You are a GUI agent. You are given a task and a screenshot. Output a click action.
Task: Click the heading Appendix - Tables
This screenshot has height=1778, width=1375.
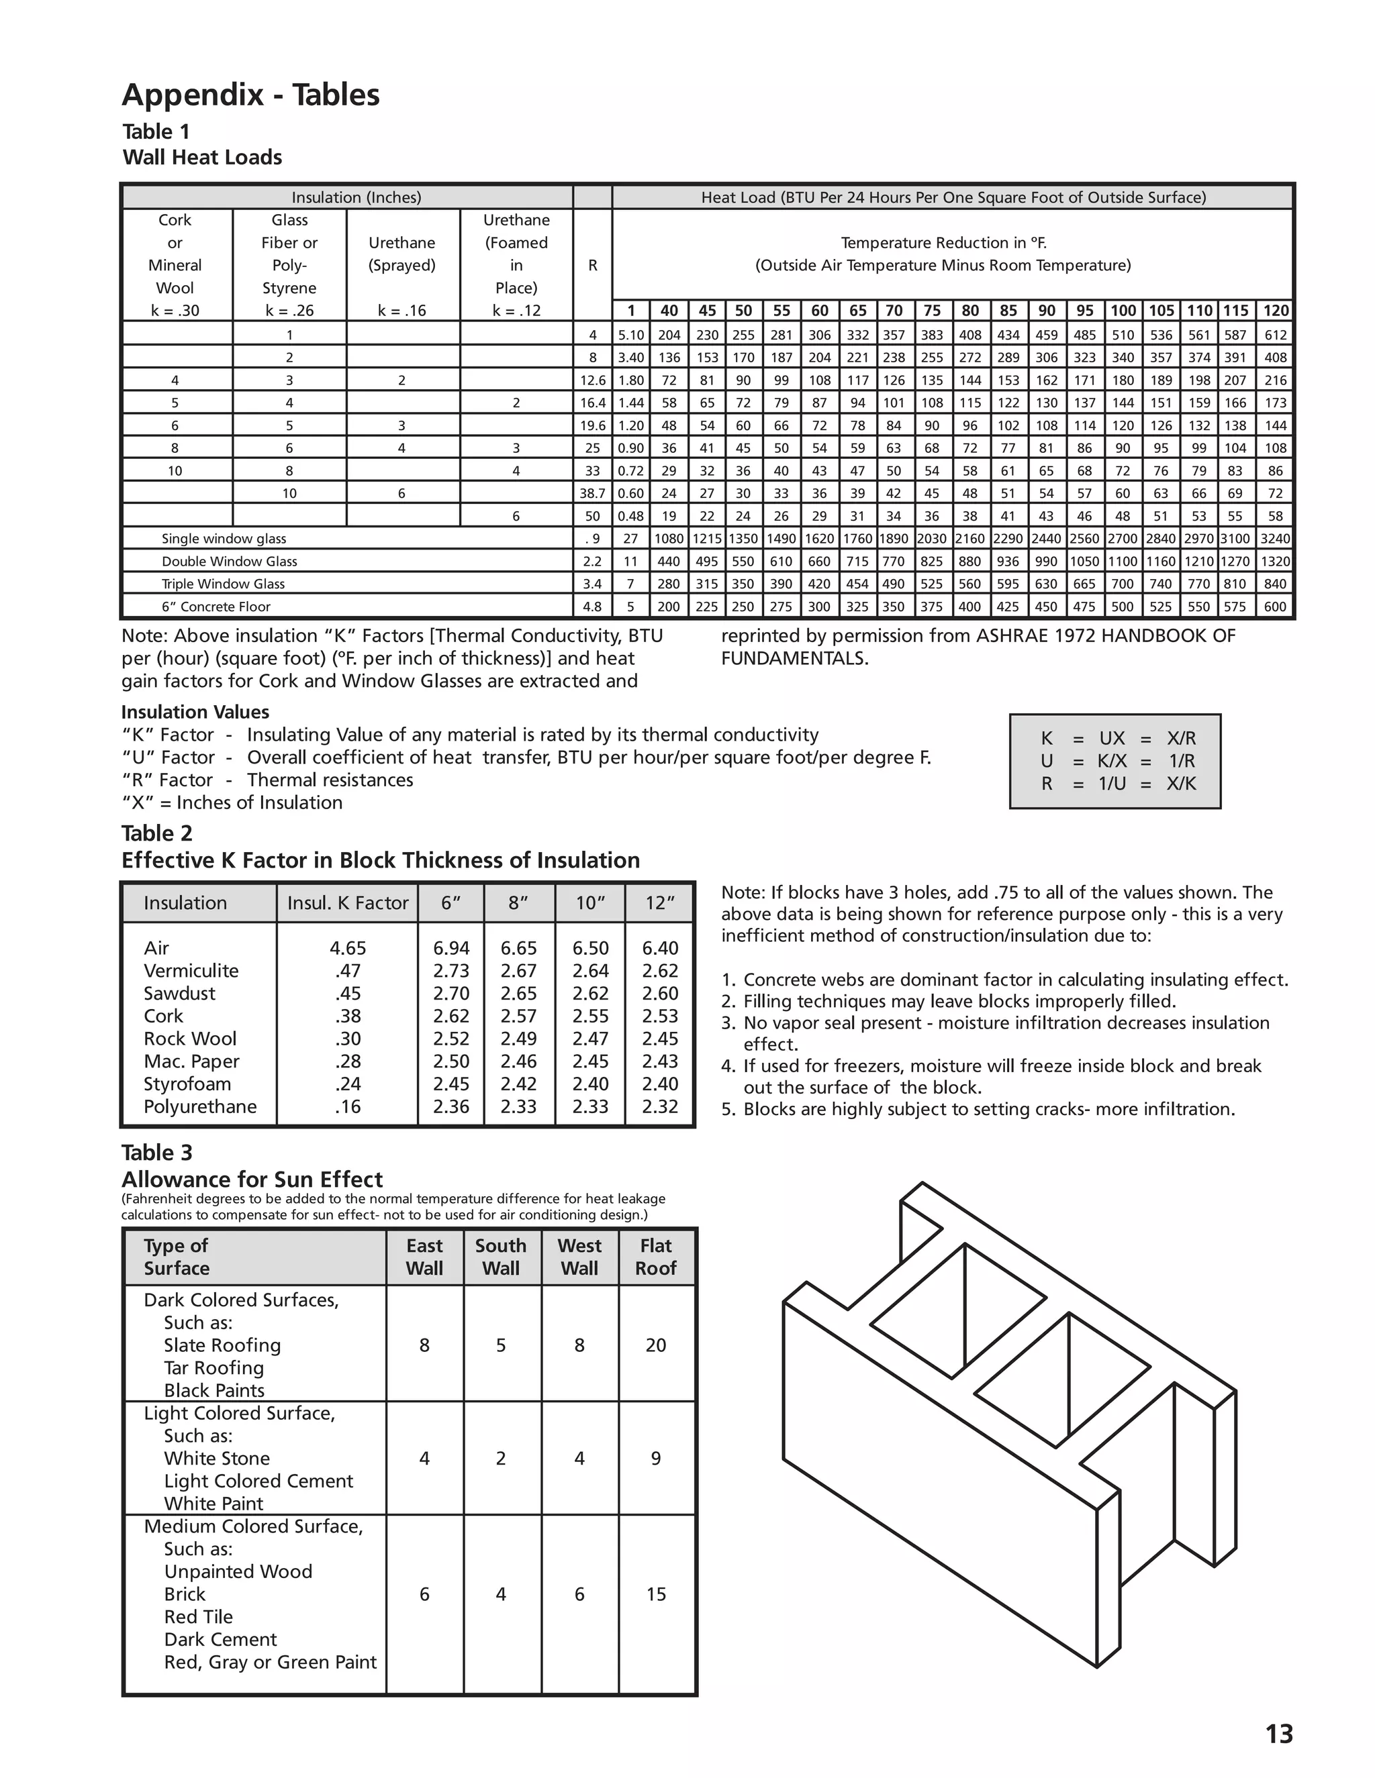[x=251, y=95]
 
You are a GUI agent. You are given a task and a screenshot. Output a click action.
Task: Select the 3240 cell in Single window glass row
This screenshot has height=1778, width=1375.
[x=1276, y=539]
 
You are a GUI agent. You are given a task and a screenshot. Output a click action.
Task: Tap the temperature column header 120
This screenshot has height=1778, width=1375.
[x=1276, y=310]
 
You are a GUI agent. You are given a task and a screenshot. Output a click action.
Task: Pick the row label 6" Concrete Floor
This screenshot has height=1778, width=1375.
[x=216, y=607]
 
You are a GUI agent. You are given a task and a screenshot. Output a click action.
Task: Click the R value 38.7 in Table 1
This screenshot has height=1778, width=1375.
[x=592, y=493]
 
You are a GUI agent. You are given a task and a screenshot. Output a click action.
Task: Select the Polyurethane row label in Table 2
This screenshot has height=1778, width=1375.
[x=199, y=1106]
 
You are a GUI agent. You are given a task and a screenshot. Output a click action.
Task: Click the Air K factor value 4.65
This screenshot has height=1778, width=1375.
[x=348, y=949]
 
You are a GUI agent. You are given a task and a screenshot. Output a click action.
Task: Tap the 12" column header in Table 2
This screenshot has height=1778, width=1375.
[x=659, y=903]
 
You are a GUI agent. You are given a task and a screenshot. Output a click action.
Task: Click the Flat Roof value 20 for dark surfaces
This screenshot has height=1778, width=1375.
[x=656, y=1346]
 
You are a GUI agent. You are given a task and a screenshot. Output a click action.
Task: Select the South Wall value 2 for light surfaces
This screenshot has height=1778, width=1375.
[x=501, y=1459]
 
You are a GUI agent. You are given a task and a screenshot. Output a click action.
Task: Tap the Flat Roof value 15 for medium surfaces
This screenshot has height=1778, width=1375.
[x=656, y=1595]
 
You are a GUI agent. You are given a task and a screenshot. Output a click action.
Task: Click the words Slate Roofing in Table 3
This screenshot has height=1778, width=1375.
[x=222, y=1346]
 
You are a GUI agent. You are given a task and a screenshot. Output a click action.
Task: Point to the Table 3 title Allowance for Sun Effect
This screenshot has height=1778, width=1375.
[x=252, y=1180]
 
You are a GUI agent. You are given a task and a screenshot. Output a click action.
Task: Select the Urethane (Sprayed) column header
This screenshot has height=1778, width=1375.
[x=401, y=254]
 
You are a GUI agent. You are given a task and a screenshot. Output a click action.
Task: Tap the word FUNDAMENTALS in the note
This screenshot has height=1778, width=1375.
[x=795, y=659]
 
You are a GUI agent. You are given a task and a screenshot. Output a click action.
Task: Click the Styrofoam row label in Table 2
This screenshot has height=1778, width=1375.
[x=187, y=1084]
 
